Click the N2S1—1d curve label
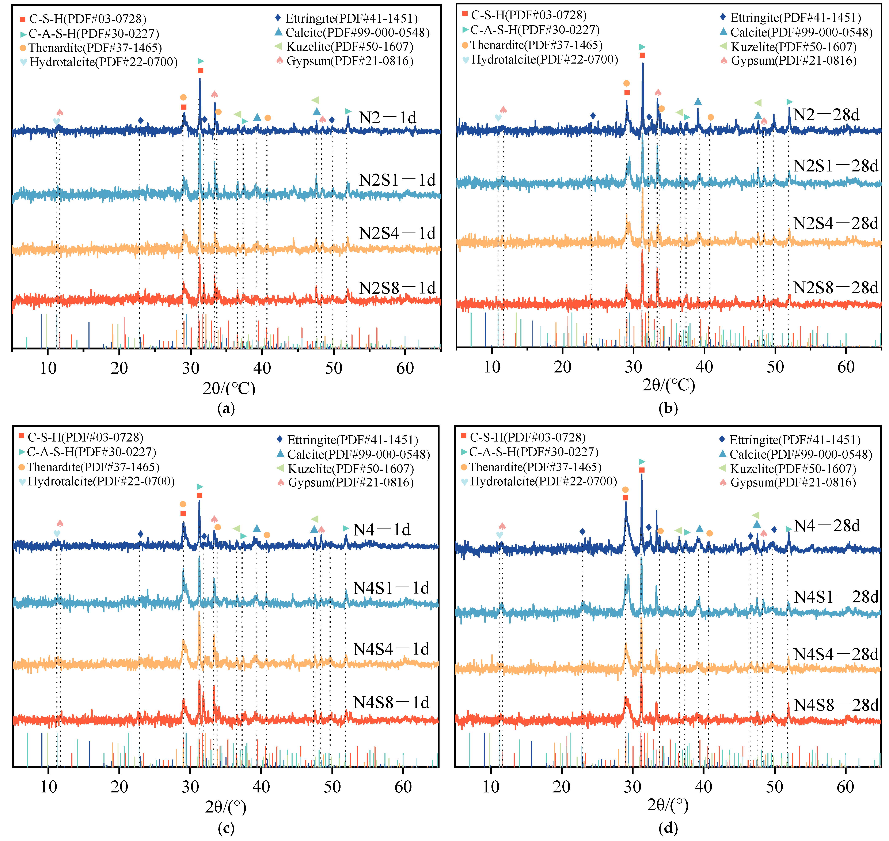[x=397, y=180]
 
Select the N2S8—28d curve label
[x=836, y=288]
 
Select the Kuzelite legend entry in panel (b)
[x=788, y=47]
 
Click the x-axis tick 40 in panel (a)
[x=262, y=368]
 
